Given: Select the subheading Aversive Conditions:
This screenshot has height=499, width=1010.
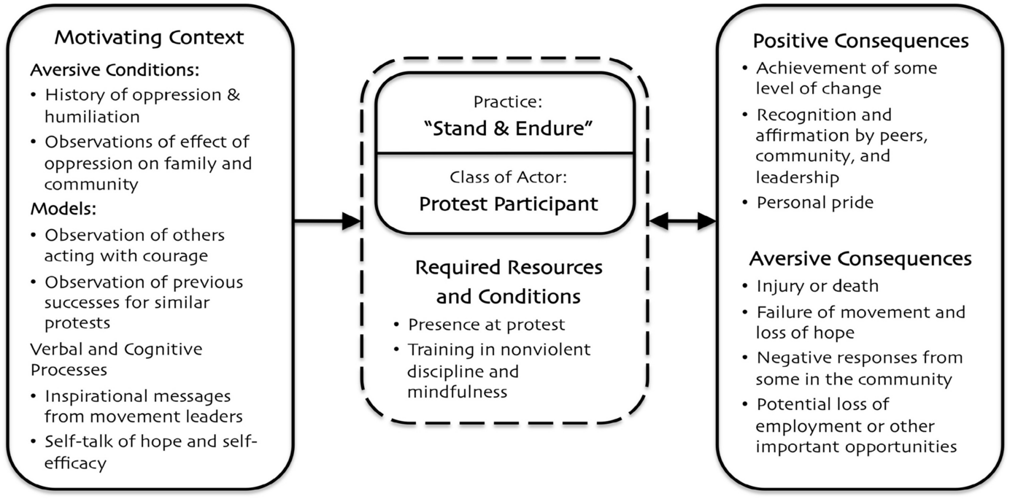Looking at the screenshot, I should [x=115, y=71].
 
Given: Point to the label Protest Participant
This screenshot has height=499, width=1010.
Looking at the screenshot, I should [x=508, y=204].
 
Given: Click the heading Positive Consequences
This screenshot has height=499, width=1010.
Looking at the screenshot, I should [x=860, y=40].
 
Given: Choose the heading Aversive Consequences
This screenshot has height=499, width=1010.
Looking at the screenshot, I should [x=860, y=258].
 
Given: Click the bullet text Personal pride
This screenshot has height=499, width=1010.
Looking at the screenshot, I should [x=814, y=202].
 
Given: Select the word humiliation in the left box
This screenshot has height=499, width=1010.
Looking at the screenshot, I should [x=92, y=116].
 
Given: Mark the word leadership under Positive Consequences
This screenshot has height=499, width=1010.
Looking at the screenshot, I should [x=797, y=177].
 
